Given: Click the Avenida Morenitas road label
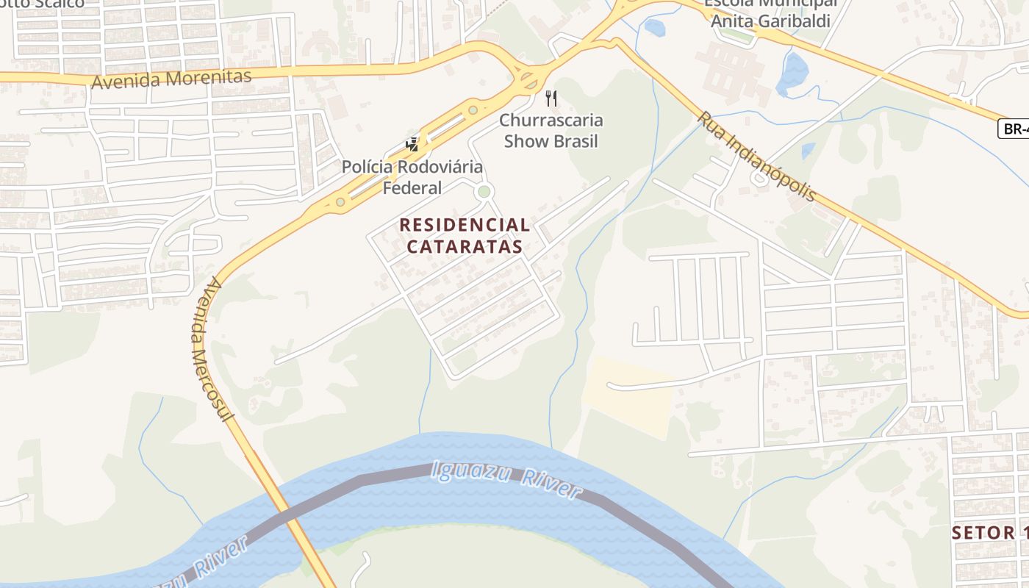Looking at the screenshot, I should [x=171, y=79].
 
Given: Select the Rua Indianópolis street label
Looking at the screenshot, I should [x=756, y=157].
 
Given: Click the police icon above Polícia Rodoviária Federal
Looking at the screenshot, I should [x=412, y=144].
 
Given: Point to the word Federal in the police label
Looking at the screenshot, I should [x=412, y=188].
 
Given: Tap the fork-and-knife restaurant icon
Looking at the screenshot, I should [x=551, y=98].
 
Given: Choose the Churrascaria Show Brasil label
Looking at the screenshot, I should [x=551, y=131].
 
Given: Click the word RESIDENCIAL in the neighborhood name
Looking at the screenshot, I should [x=465, y=225].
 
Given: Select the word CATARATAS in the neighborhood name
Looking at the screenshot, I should [x=465, y=247].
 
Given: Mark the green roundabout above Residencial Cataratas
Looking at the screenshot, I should [x=484, y=192].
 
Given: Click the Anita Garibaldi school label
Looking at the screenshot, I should [x=770, y=21].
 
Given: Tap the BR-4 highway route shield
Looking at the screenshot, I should [x=1014, y=129].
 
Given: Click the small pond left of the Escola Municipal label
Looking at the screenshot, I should [x=654, y=28].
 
